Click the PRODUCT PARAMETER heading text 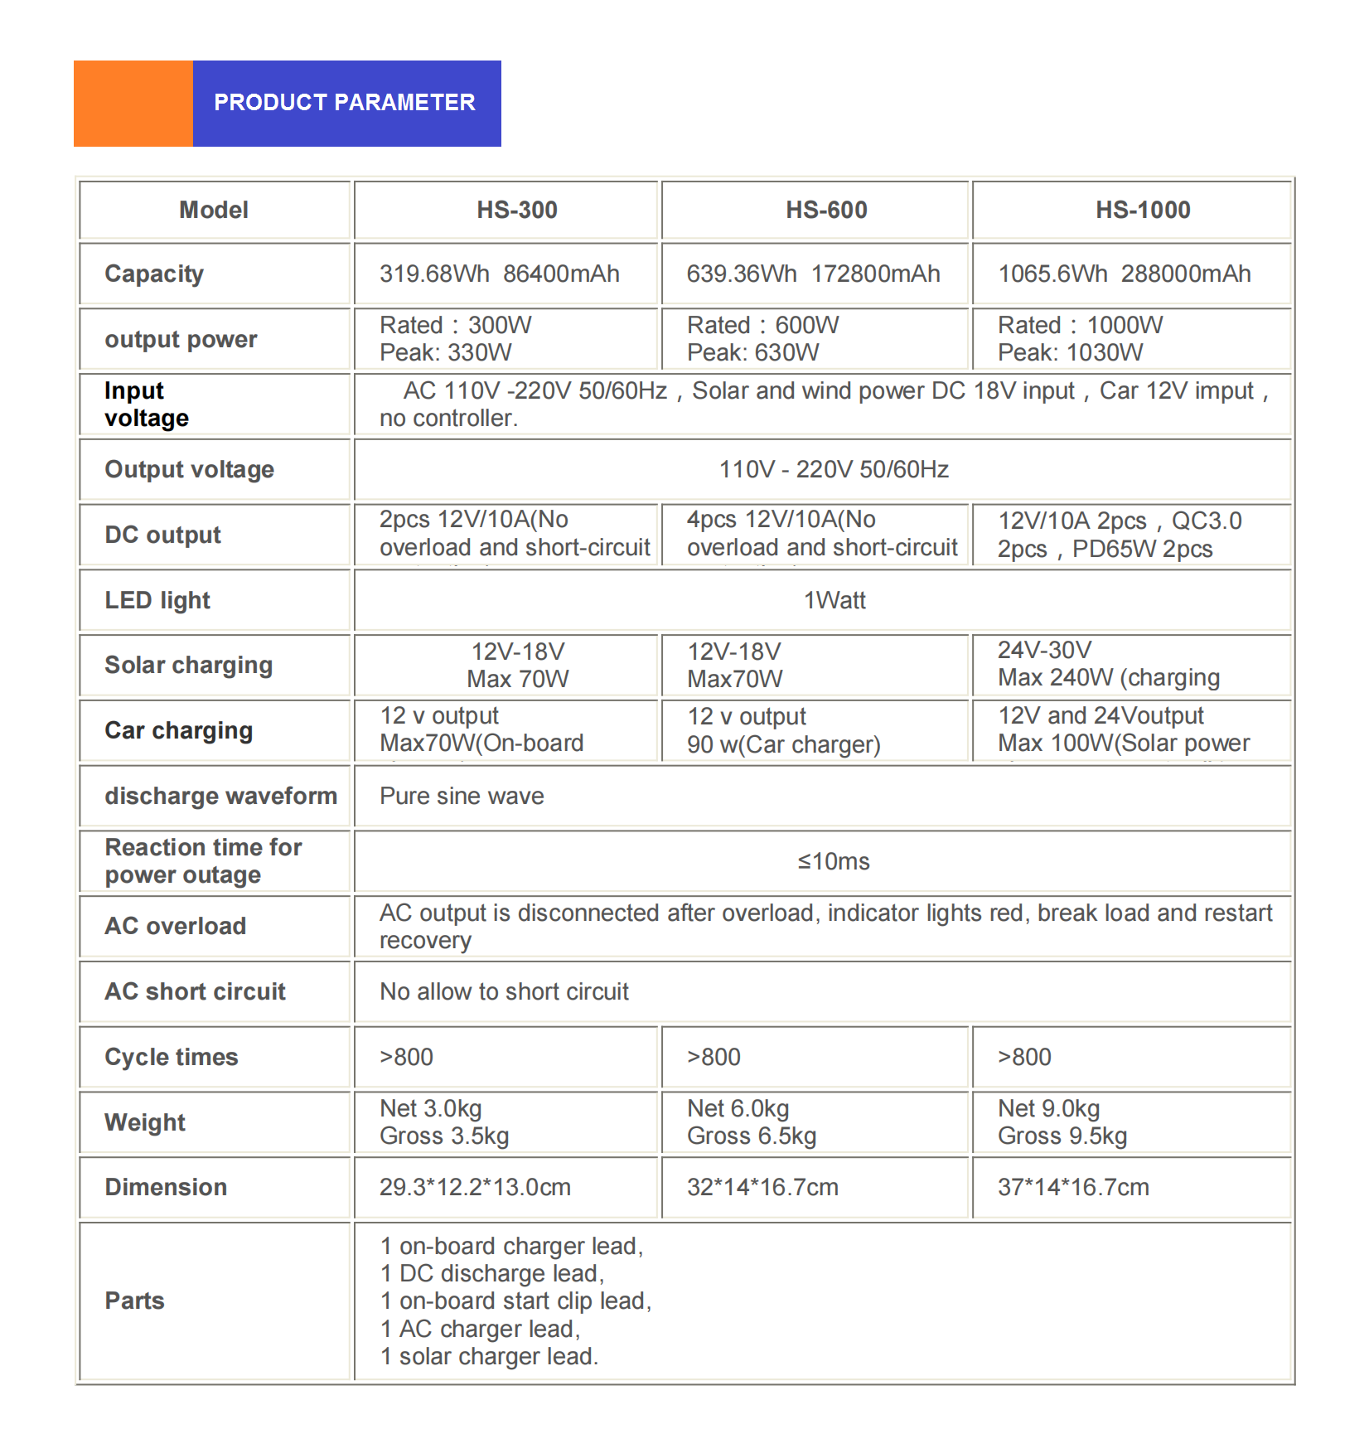point(344,103)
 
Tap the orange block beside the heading point(133,104)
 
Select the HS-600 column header point(826,211)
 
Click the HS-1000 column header point(1143,211)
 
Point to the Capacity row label point(154,274)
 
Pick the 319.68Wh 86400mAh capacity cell point(499,274)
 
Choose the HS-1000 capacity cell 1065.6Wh point(1124,274)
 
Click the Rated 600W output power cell point(762,339)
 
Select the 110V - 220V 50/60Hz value point(834,470)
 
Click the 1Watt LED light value point(834,601)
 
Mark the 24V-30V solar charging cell point(1108,665)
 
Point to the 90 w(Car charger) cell point(783,744)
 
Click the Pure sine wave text point(462,797)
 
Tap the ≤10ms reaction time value point(834,862)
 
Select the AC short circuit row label point(195,992)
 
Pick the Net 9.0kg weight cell point(1062,1122)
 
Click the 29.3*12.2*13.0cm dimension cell point(475,1188)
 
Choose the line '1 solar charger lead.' point(489,1357)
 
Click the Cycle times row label point(172,1058)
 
